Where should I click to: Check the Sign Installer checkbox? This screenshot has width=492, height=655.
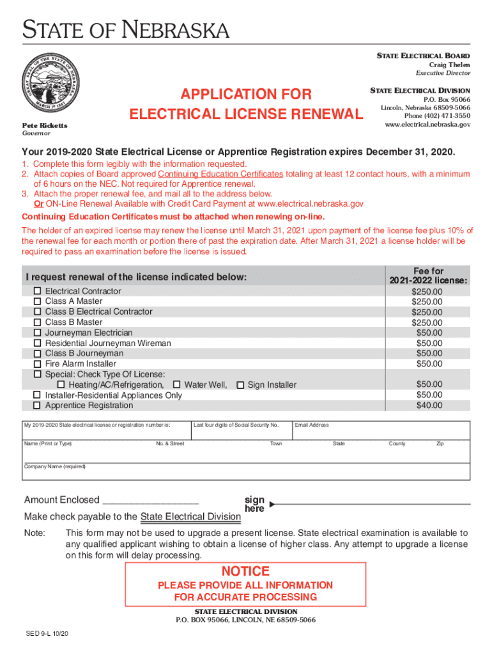[x=240, y=385]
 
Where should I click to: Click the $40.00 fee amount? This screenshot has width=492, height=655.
[x=429, y=406]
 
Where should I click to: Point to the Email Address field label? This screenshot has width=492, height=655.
[x=311, y=425]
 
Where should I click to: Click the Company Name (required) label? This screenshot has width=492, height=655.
[x=54, y=467]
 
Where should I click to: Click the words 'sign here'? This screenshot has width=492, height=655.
[x=254, y=504]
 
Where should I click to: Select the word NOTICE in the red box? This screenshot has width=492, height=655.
[x=245, y=571]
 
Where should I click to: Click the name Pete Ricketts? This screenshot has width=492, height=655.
[x=45, y=125]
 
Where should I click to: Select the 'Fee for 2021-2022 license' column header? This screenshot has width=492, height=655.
[x=428, y=276]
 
